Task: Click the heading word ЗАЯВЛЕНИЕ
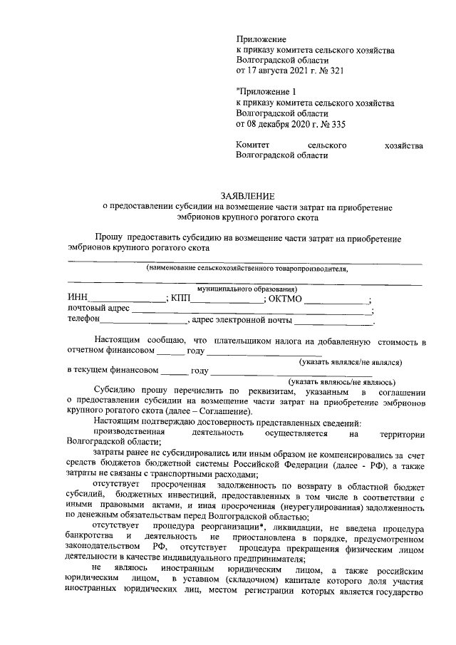[246, 195]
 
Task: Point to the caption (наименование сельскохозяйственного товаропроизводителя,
[247, 269]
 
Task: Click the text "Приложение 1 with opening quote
[263, 92]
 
